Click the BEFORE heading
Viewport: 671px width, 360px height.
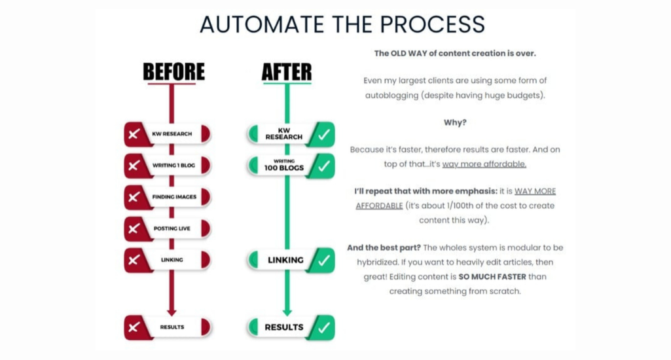click(x=173, y=72)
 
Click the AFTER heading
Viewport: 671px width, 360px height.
click(x=286, y=72)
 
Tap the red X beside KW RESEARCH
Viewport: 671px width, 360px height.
click(x=134, y=134)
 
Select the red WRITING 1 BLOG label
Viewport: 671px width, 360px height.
click(x=175, y=165)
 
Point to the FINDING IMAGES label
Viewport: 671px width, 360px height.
click(x=175, y=196)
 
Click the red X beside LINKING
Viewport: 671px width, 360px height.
click(x=134, y=260)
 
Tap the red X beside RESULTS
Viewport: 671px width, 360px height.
click(x=134, y=327)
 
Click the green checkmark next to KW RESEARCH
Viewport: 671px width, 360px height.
click(x=321, y=134)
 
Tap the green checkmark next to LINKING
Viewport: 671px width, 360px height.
click(x=321, y=260)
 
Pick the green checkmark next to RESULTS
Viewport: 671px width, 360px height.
click(x=321, y=327)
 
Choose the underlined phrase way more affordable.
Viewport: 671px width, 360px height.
click(x=484, y=164)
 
